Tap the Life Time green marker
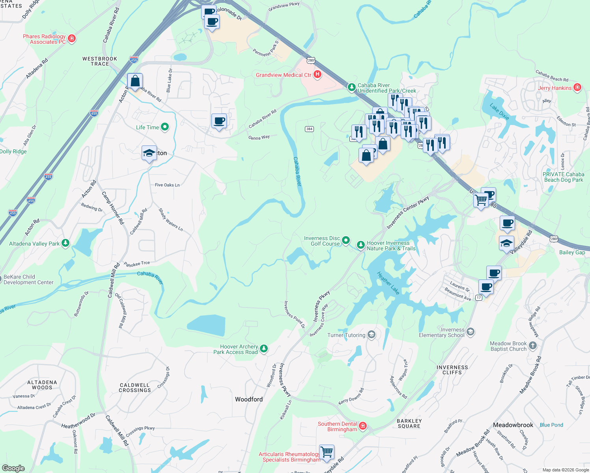point(165,127)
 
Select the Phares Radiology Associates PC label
point(44,39)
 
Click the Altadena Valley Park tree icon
point(65,243)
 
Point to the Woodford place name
point(249,399)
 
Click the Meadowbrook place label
point(513,425)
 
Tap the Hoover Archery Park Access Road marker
point(264,348)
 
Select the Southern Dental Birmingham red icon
point(363,426)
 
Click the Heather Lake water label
point(388,283)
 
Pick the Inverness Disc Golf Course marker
point(346,240)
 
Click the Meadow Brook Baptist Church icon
point(533,346)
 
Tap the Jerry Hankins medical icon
point(577,87)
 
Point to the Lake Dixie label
point(499,112)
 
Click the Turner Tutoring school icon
point(371,335)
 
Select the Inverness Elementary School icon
point(470,332)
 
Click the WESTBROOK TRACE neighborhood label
point(100,61)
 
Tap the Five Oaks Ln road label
point(167,185)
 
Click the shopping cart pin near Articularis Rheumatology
point(327,452)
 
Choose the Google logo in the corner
point(13,468)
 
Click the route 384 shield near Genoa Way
point(309,129)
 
